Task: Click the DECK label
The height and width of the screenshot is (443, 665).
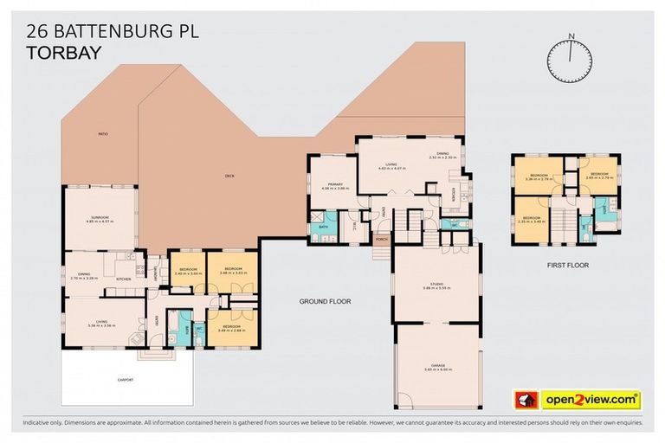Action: [230, 176]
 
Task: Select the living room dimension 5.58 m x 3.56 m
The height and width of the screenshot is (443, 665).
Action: [101, 327]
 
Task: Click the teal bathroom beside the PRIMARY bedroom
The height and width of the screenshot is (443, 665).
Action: [321, 228]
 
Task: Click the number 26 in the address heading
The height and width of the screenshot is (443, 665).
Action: [37, 32]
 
